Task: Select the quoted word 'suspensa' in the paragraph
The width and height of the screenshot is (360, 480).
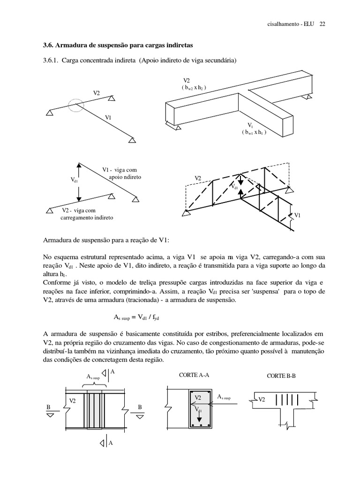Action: [x=266, y=291]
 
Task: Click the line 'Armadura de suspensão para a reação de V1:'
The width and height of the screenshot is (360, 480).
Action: [x=105, y=240]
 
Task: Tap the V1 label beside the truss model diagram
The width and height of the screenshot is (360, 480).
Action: [x=297, y=215]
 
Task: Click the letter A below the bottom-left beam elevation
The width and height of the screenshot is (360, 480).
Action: [x=111, y=443]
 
